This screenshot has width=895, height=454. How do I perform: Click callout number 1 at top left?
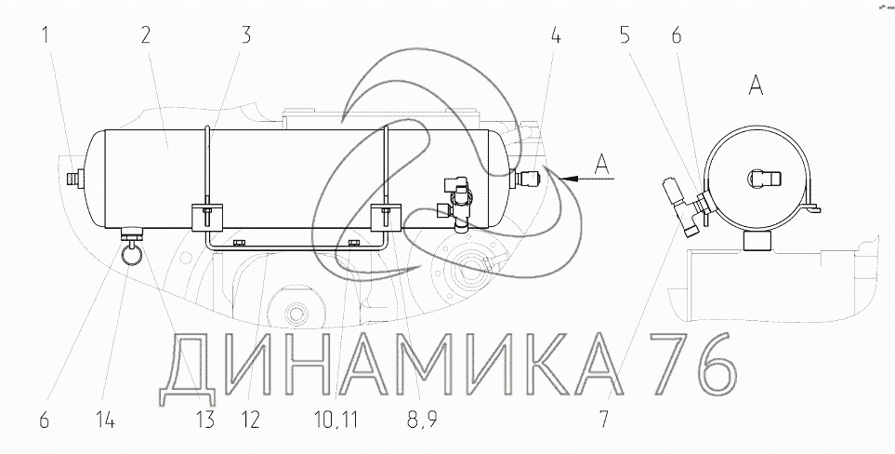point(46,36)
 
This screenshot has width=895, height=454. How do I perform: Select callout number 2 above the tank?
point(146,36)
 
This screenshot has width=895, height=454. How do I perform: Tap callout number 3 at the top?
point(245,35)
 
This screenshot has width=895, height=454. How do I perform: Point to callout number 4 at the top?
point(556,35)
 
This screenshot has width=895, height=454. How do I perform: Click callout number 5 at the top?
point(625,35)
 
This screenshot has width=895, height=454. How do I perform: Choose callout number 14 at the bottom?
point(106,421)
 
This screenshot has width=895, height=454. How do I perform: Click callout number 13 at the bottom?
point(204,421)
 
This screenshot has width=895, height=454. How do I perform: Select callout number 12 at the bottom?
point(250,421)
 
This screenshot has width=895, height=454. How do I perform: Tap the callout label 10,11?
point(336,421)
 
